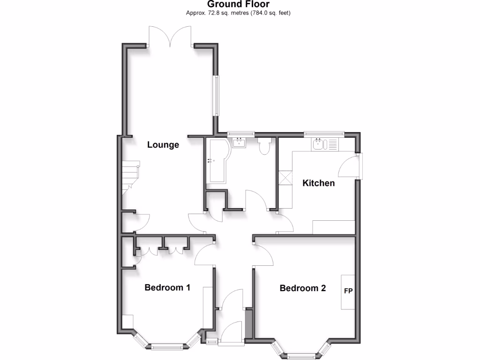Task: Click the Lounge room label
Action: [x=163, y=145]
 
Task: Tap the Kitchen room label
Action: [x=319, y=183]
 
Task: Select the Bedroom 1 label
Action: [x=167, y=287]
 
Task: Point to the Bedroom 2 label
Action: [x=302, y=288]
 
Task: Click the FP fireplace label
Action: [x=348, y=291]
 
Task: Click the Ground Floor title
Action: [x=240, y=5]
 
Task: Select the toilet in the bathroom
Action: [x=264, y=146]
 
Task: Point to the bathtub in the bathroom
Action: [x=217, y=161]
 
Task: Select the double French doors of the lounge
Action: [x=170, y=37]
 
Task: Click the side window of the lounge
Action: [x=216, y=95]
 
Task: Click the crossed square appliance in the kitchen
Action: [x=285, y=178]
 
